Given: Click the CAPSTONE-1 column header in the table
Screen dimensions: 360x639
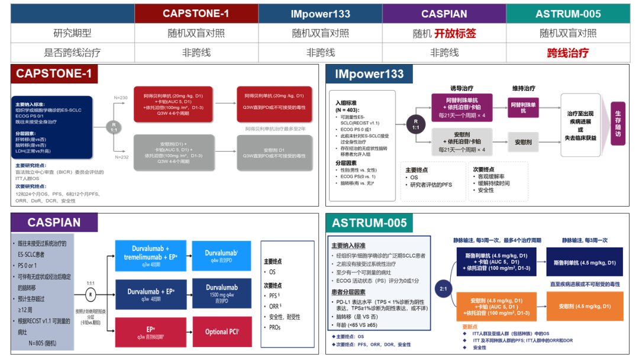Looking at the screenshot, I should click(x=196, y=14).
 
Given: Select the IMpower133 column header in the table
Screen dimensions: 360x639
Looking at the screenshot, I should click(x=320, y=14).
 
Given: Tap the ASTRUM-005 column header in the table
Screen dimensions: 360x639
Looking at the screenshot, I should click(x=568, y=14).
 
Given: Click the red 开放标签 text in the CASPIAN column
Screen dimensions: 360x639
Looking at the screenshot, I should click(x=455, y=34).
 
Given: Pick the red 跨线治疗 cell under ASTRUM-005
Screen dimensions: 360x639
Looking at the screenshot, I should click(x=568, y=53).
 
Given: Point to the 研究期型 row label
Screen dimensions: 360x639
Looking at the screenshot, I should click(x=72, y=34).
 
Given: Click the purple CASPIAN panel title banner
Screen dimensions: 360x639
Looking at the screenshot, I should click(x=54, y=223).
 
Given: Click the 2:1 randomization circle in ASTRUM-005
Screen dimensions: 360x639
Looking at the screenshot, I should click(x=443, y=289).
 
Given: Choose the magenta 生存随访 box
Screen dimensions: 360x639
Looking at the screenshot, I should click(x=618, y=123).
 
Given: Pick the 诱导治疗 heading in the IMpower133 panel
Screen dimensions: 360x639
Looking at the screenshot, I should click(x=463, y=89).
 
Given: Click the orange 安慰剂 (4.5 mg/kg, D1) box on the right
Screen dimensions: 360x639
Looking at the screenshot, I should click(x=585, y=306).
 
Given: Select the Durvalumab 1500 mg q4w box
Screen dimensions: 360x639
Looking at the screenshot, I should click(x=221, y=292).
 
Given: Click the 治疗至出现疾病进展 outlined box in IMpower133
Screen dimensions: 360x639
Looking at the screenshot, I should click(x=580, y=126).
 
